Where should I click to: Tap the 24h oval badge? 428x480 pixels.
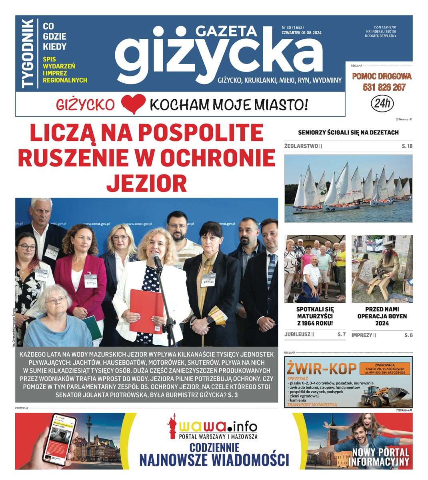(x=382, y=104)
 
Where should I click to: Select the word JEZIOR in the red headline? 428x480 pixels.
(x=146, y=183)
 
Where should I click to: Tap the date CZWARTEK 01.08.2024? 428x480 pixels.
(x=301, y=33)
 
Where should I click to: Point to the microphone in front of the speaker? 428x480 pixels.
(x=157, y=262)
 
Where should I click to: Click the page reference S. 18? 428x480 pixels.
(x=407, y=146)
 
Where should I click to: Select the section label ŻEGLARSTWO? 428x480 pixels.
(x=301, y=146)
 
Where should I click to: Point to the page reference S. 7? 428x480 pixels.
(x=341, y=334)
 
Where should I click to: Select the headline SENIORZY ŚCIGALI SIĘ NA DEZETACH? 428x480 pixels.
(x=348, y=132)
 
